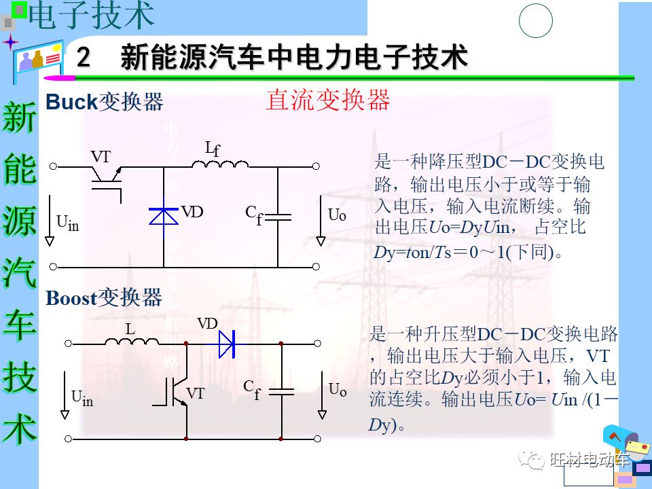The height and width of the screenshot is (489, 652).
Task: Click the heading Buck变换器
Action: [x=105, y=102]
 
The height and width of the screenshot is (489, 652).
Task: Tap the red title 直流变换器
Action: [x=328, y=100]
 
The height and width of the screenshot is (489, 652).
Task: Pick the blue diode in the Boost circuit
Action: [x=226, y=344]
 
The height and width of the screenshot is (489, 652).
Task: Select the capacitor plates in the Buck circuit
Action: [x=277, y=217]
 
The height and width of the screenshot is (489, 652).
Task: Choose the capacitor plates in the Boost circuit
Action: [x=281, y=391]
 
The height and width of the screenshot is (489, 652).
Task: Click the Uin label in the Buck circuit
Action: [x=67, y=223]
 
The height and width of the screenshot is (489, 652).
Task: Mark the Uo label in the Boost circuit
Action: [x=338, y=390]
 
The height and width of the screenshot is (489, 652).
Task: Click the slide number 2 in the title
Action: [x=84, y=57]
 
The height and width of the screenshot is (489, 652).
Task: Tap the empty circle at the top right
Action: [x=536, y=21]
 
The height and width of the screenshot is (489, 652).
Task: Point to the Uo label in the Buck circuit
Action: [x=337, y=215]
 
